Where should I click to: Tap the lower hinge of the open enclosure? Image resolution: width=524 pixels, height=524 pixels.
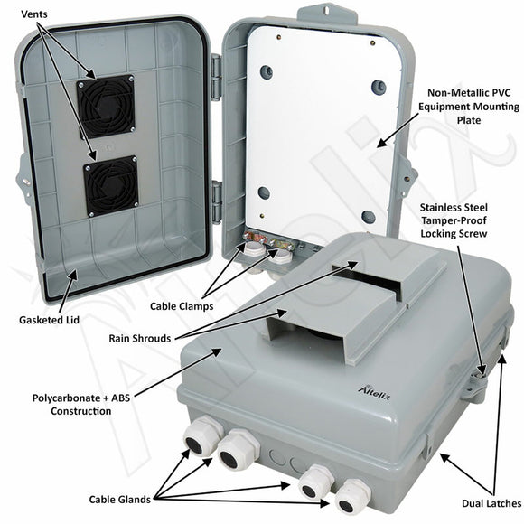click(217, 200)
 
